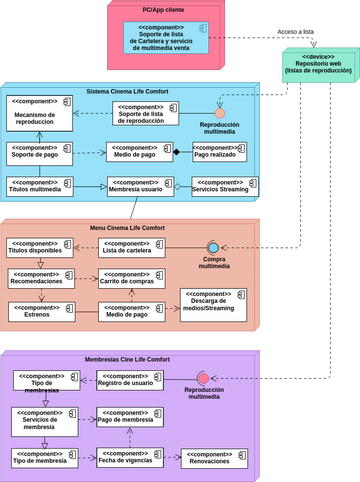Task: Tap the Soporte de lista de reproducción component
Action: (147, 114)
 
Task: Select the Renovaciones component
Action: (213, 458)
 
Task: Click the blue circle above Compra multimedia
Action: (212, 248)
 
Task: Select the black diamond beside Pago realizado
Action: (176, 152)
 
